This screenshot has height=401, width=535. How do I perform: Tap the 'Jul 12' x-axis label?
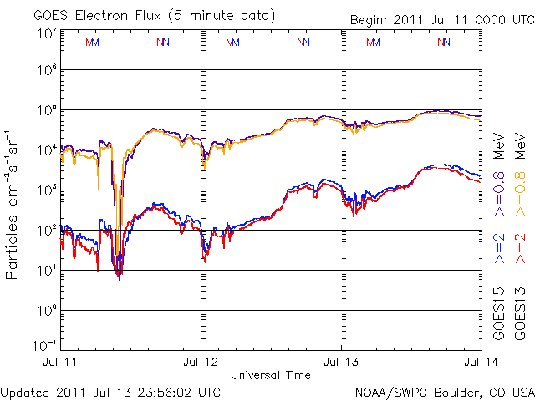tap(201, 362)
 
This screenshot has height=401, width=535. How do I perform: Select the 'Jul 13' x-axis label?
tap(341, 362)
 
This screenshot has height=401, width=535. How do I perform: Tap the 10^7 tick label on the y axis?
tap(47, 33)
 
